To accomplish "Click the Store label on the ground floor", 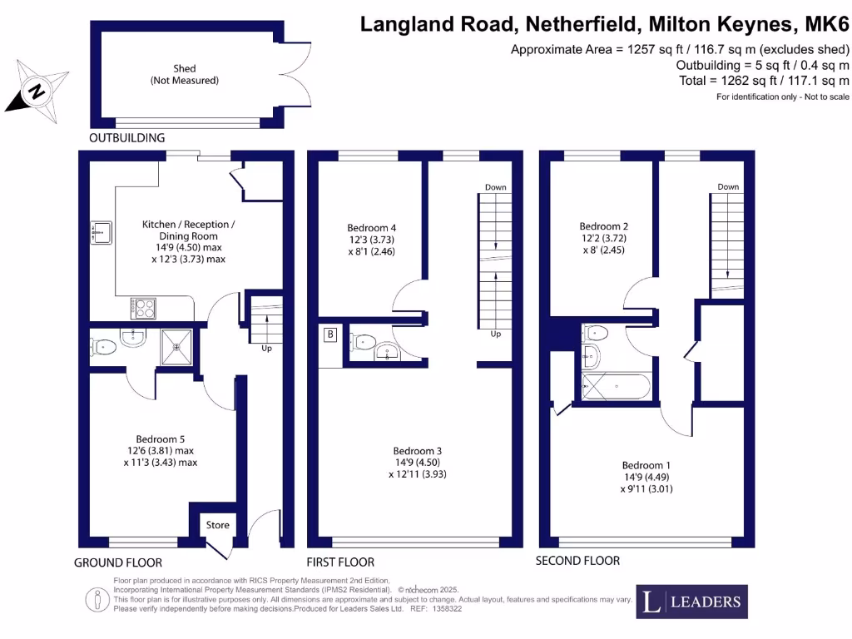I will [217, 525].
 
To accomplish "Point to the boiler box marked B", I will [329, 335].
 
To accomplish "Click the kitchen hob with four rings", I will [143, 309].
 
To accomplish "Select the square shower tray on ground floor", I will [176, 347].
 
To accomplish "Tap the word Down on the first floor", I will [496, 187].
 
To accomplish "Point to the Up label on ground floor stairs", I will [267, 349].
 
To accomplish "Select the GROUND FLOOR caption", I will [118, 563].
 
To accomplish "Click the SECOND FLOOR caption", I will [577, 561].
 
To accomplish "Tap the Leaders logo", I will [692, 602].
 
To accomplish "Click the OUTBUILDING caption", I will [127, 137].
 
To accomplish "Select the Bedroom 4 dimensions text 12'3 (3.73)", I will [371, 240].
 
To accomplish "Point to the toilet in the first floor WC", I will [363, 341].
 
